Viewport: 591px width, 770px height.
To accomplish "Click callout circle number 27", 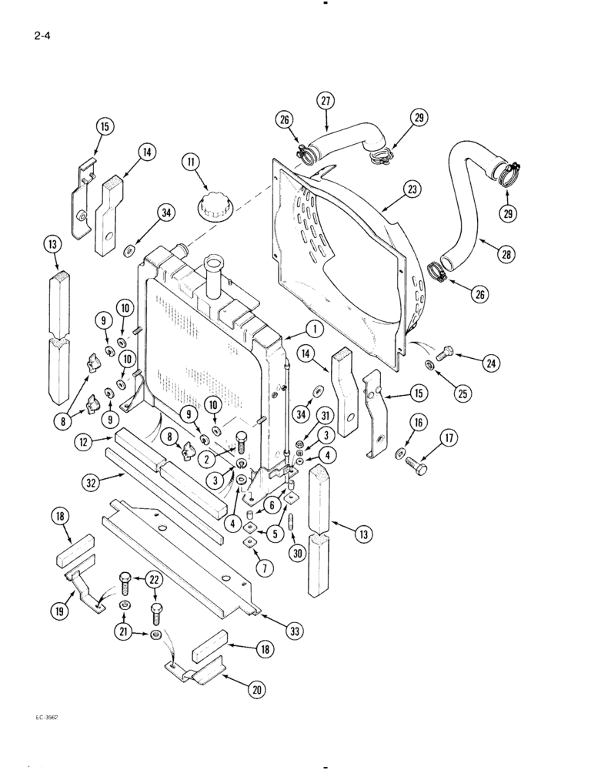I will click(x=326, y=101).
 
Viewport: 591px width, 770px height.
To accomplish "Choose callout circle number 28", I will click(x=506, y=254).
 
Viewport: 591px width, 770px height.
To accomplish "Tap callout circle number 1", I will click(x=312, y=329).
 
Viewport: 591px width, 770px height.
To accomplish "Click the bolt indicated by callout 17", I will click(x=416, y=467).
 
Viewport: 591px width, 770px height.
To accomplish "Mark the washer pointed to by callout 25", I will click(x=428, y=363).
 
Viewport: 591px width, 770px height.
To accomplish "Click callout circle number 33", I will click(x=293, y=631).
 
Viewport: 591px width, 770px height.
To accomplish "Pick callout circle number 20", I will click(x=256, y=690).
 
